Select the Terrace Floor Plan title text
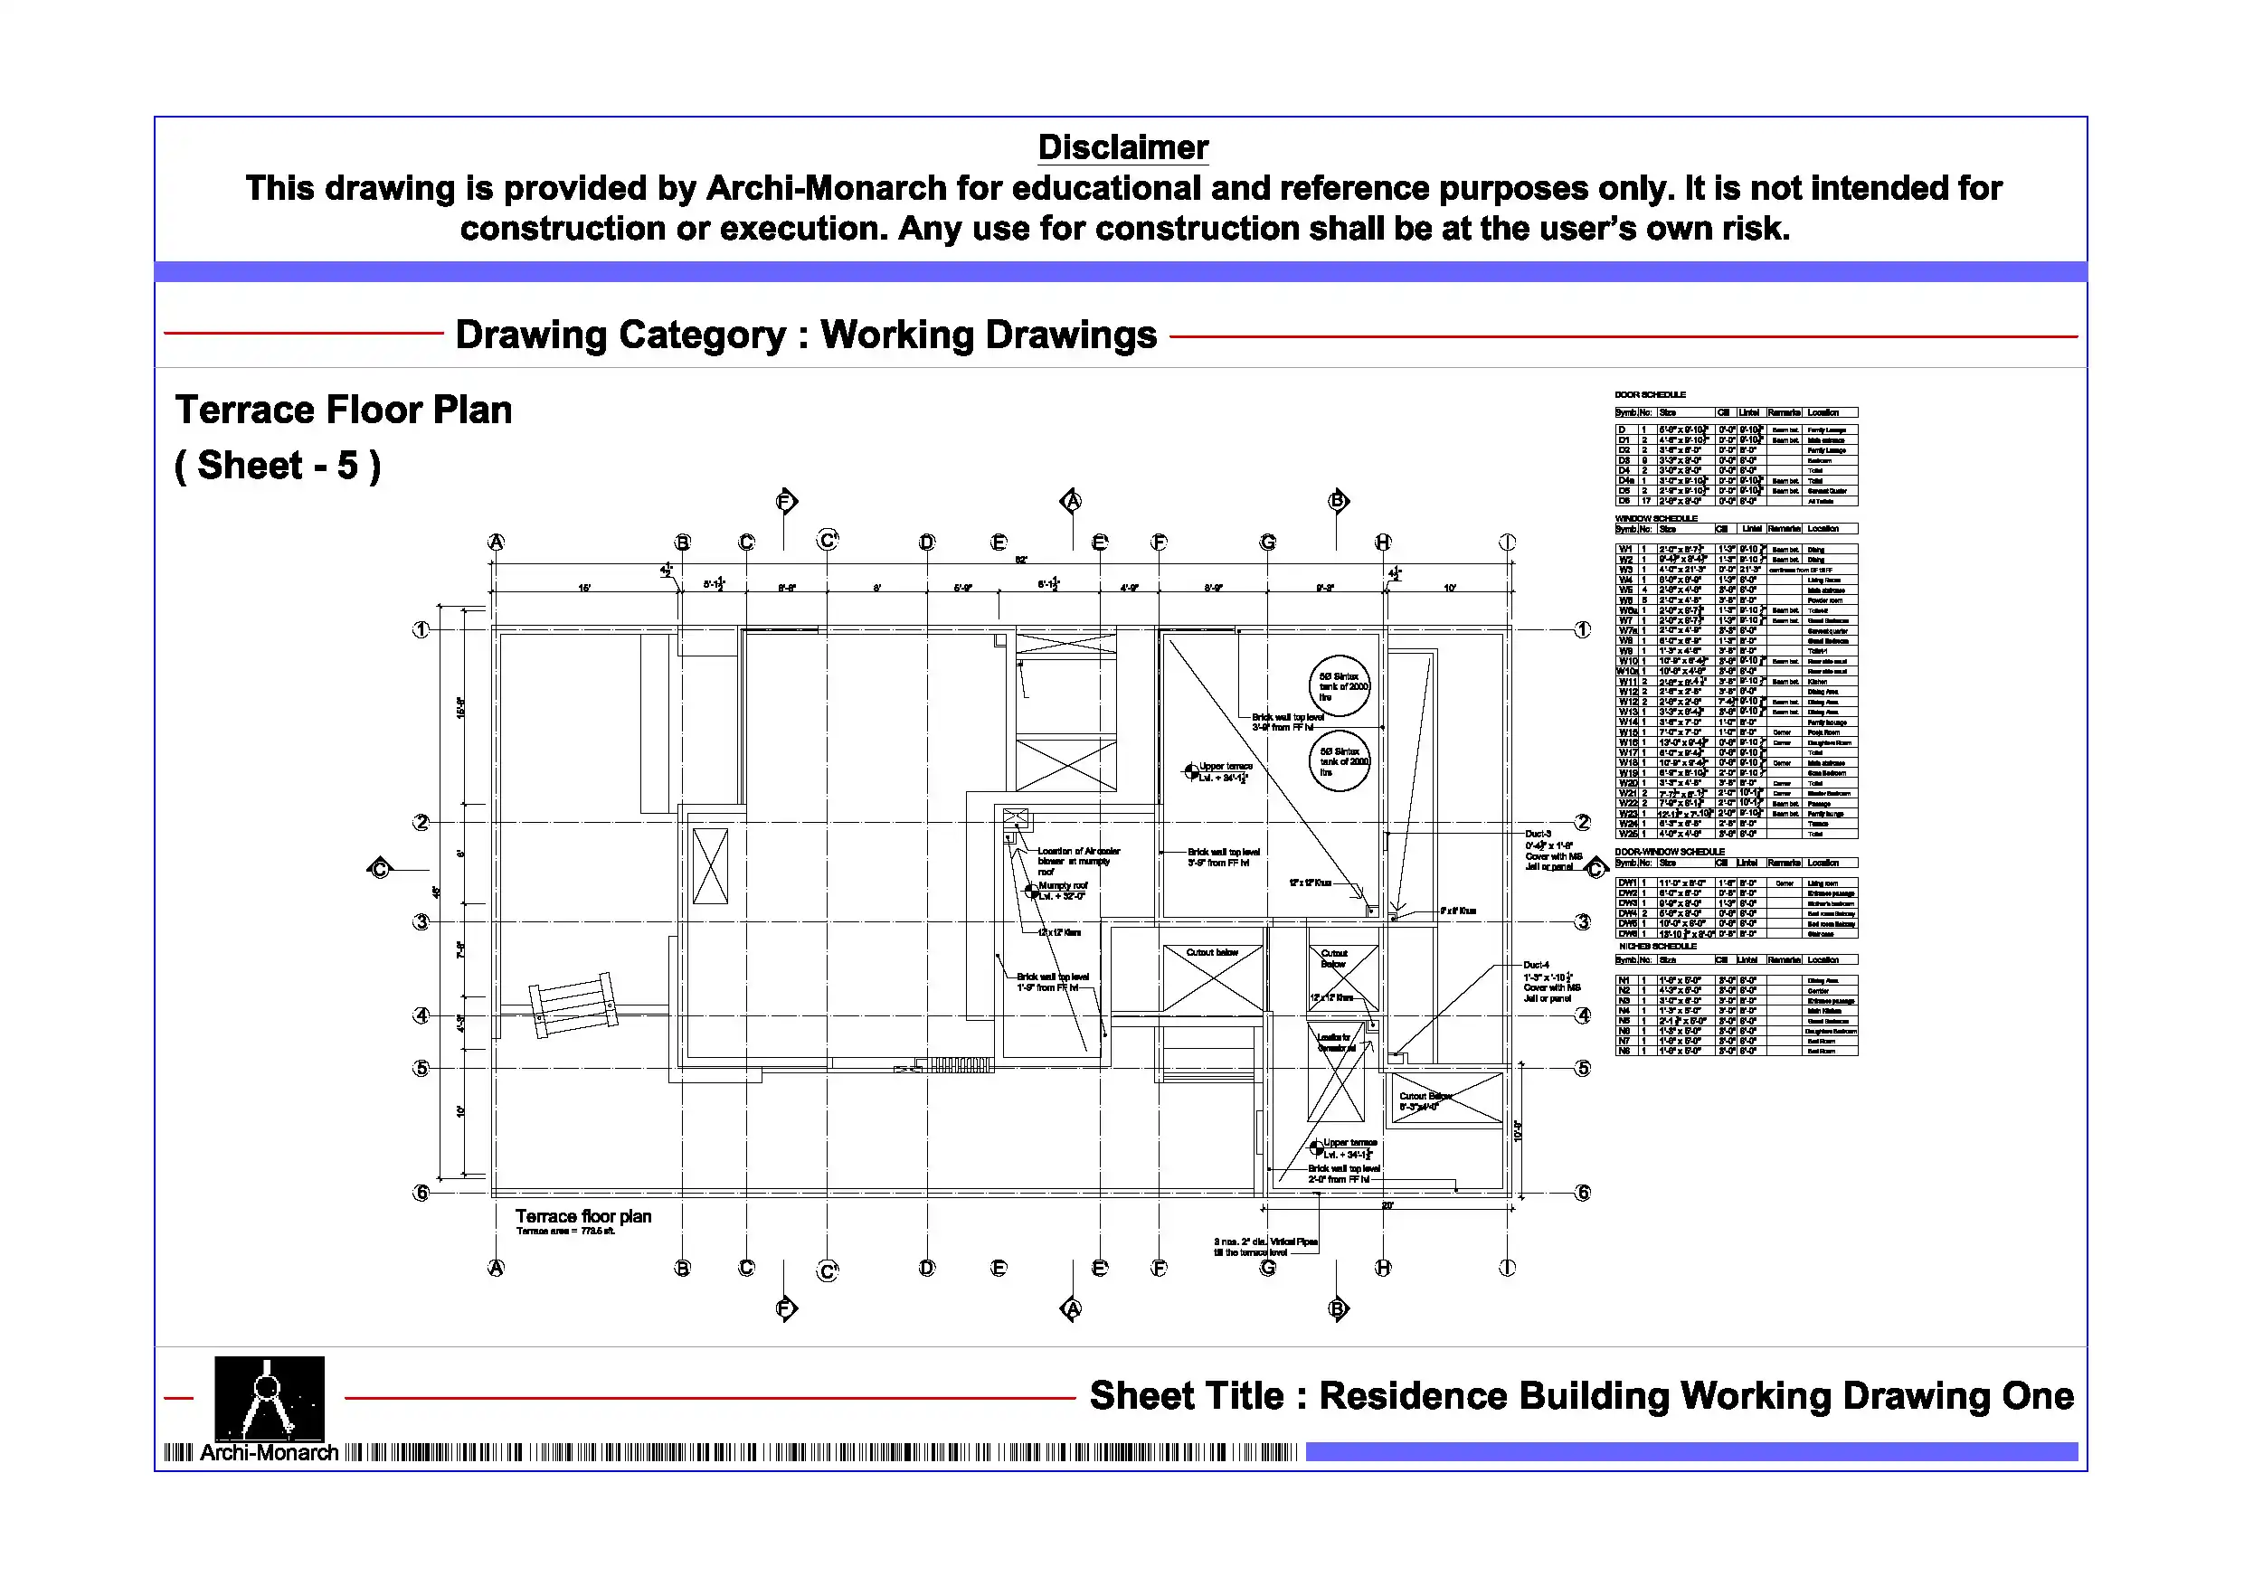point(343,410)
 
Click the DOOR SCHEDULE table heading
point(1650,395)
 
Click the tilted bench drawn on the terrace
point(573,1004)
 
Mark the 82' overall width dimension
point(1020,560)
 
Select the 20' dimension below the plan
point(1387,1206)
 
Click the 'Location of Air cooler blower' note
point(1078,856)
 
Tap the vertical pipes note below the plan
point(1264,1246)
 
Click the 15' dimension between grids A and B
point(584,589)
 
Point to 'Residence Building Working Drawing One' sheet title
point(1580,1395)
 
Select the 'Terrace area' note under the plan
point(566,1232)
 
